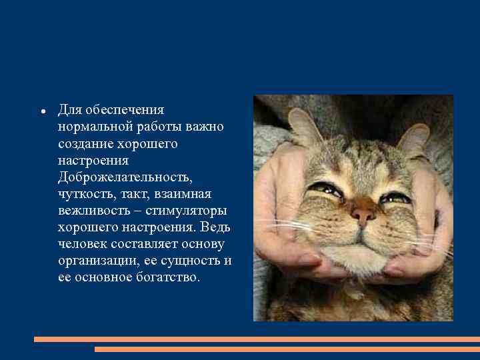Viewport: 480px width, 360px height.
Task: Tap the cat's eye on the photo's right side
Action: click(x=394, y=197)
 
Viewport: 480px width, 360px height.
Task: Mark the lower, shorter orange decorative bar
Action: click(x=287, y=349)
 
